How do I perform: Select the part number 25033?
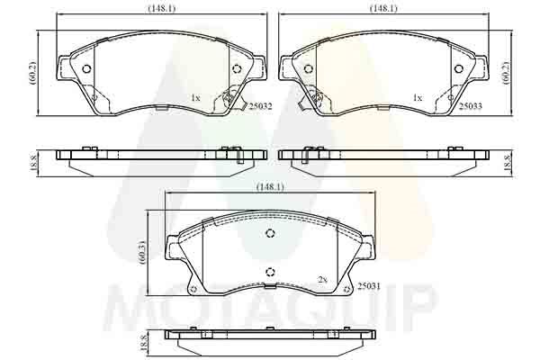coord(471,106)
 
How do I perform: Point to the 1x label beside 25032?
coord(194,97)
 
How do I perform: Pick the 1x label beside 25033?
coord(417,97)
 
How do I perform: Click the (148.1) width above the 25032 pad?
coord(161,8)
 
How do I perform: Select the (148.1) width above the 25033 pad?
coord(383,8)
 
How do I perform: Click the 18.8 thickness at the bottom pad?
coord(144,342)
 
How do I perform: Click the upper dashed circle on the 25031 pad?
coord(270,234)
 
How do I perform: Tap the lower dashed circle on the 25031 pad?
coord(270,273)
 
